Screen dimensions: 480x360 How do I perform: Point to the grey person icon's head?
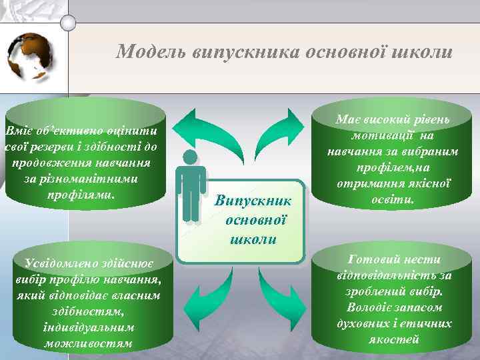coord(191,159)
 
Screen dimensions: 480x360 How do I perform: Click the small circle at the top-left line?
coord(67,22)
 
